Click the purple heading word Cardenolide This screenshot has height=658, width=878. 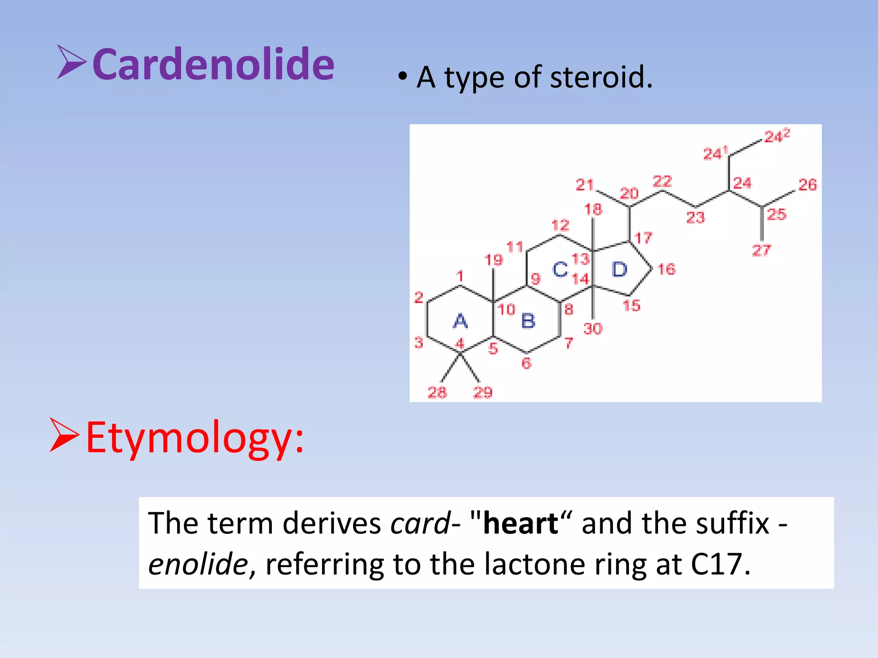coord(213,64)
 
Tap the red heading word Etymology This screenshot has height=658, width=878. coord(194,437)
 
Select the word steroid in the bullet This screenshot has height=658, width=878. coord(601,77)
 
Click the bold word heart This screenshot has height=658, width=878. coord(520,523)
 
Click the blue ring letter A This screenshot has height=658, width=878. coord(460,321)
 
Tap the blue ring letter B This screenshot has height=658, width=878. coord(528,321)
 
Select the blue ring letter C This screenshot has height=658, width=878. coord(560,269)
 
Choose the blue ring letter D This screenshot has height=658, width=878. coord(619,269)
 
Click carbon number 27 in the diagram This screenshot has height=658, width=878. coord(761,250)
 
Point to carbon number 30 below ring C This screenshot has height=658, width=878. coord(593,329)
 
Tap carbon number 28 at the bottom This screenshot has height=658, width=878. coord(437,392)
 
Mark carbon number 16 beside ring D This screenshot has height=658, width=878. coord(667,269)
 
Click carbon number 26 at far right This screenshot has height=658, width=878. coord(808,185)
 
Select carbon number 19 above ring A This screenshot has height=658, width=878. coord(493,260)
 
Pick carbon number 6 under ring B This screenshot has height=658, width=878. coord(526,363)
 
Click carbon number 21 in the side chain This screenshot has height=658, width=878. coord(584,185)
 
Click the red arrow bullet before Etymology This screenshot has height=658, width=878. coord(64,435)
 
